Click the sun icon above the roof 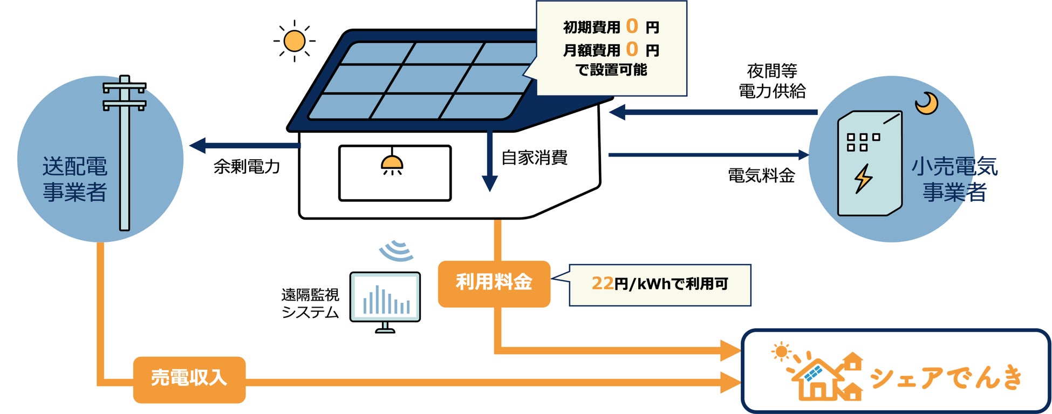294,41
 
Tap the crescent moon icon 926,103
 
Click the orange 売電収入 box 189,379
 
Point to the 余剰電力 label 247,167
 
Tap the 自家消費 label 534,158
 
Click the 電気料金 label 761,175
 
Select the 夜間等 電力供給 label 772,81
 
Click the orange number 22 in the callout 602,283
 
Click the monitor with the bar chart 385,300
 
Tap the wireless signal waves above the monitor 397,251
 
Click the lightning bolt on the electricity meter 863,178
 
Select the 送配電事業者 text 74,179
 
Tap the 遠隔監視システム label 310,303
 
